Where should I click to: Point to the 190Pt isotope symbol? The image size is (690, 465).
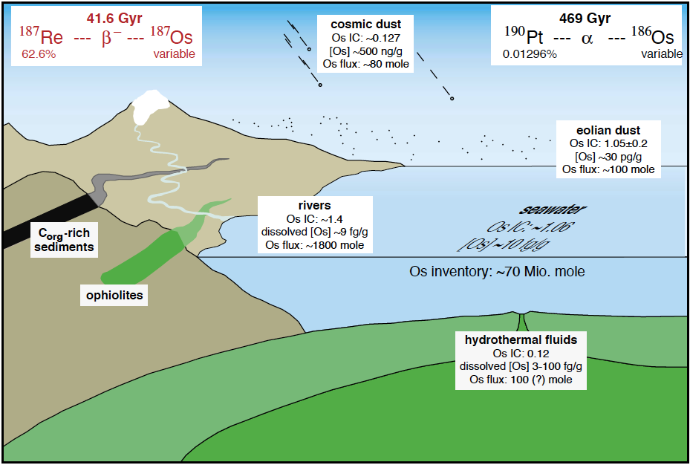[526, 36]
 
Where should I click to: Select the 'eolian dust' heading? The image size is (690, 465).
[608, 131]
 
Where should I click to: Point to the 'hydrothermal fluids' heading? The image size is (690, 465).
[521, 339]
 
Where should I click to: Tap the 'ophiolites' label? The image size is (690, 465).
[114, 296]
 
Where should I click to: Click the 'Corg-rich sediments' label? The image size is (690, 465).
[67, 239]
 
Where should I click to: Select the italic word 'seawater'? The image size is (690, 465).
[544, 211]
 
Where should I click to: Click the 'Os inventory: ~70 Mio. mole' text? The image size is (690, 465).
[497, 271]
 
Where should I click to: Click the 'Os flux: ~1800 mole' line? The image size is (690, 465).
[314, 245]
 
